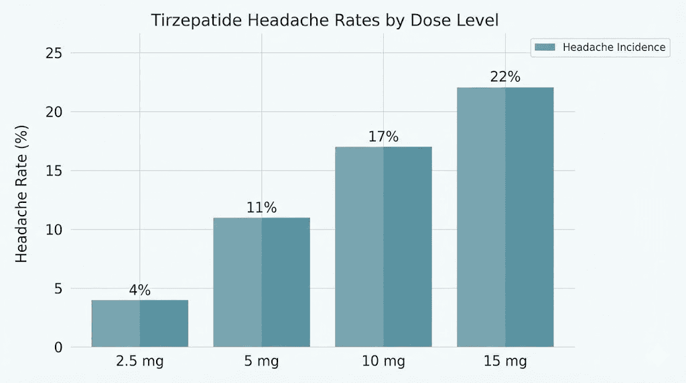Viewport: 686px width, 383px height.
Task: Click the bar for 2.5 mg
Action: click(x=140, y=323)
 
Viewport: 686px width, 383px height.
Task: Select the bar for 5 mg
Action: click(x=261, y=282)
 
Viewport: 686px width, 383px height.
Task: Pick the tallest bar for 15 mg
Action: click(x=505, y=217)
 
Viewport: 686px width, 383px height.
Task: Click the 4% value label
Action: click(x=140, y=291)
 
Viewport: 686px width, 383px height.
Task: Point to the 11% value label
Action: click(x=261, y=208)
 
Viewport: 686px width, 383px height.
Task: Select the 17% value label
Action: click(x=383, y=137)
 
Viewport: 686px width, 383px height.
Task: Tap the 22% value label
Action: click(x=505, y=77)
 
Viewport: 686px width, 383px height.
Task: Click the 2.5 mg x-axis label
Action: click(x=140, y=362)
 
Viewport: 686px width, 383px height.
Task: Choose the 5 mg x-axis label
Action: click(x=261, y=362)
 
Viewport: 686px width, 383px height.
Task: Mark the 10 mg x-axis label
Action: click(x=383, y=362)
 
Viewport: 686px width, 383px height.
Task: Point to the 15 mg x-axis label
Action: click(x=505, y=362)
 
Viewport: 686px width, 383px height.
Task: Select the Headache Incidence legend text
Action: click(x=614, y=47)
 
